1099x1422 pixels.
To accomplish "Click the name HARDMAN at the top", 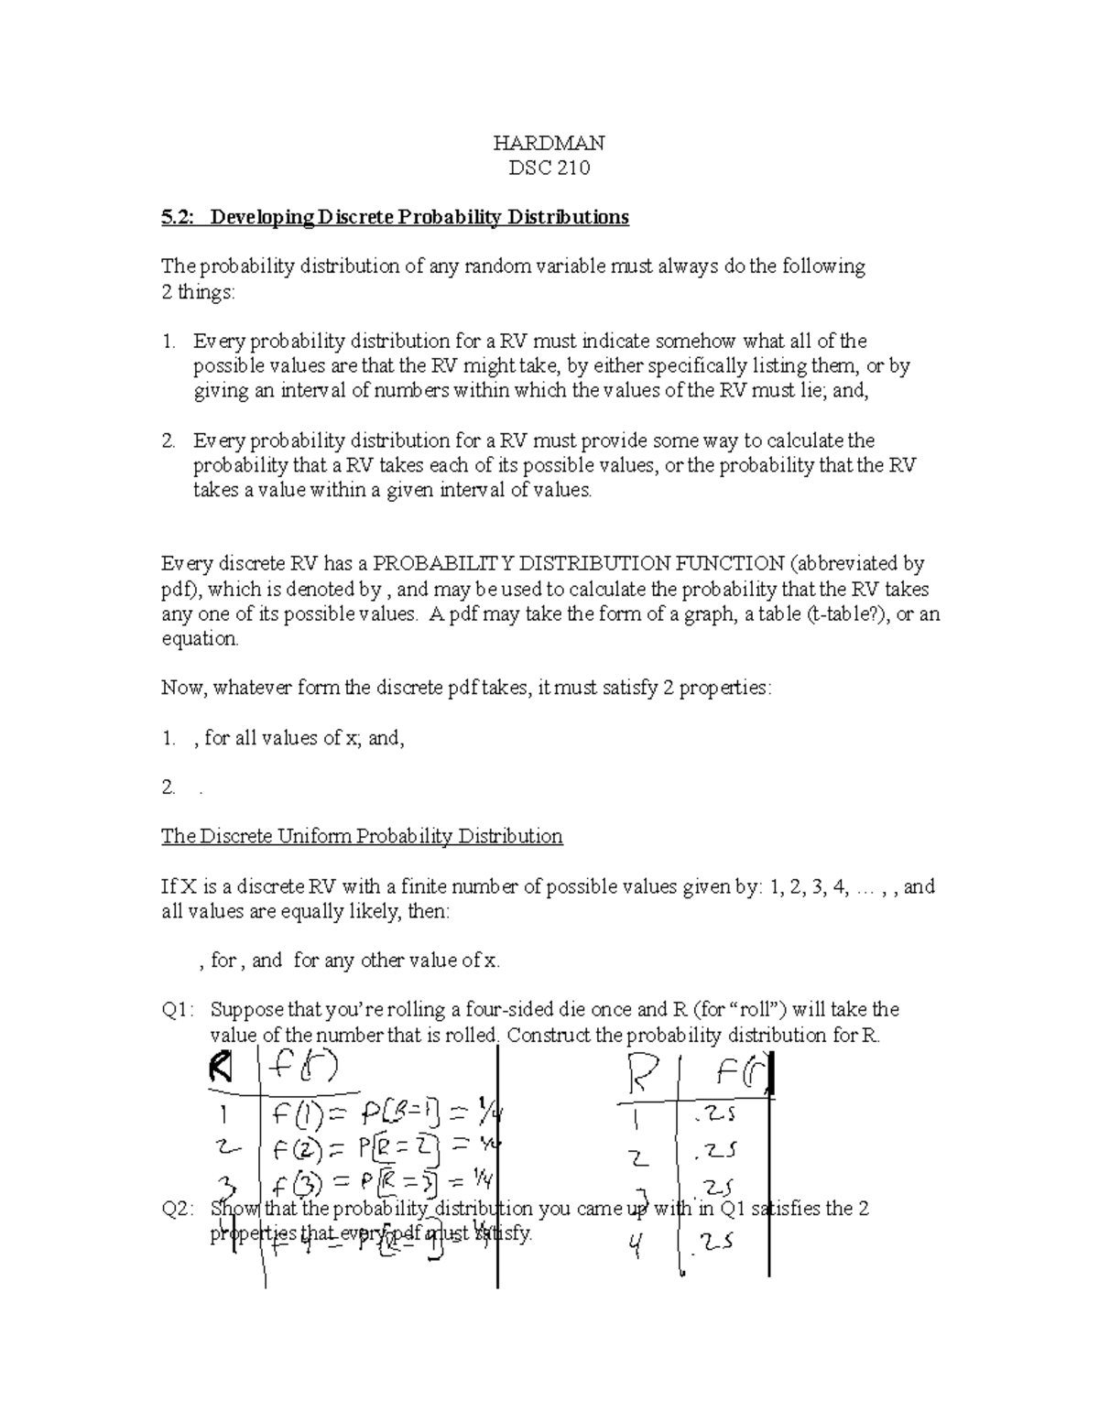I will coord(549,143).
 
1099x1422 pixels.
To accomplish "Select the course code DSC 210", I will coord(549,168).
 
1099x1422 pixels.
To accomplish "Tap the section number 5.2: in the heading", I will coord(180,217).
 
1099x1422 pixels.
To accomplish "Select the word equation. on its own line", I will coord(200,638).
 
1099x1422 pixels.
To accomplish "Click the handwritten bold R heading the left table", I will coord(221,1067).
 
